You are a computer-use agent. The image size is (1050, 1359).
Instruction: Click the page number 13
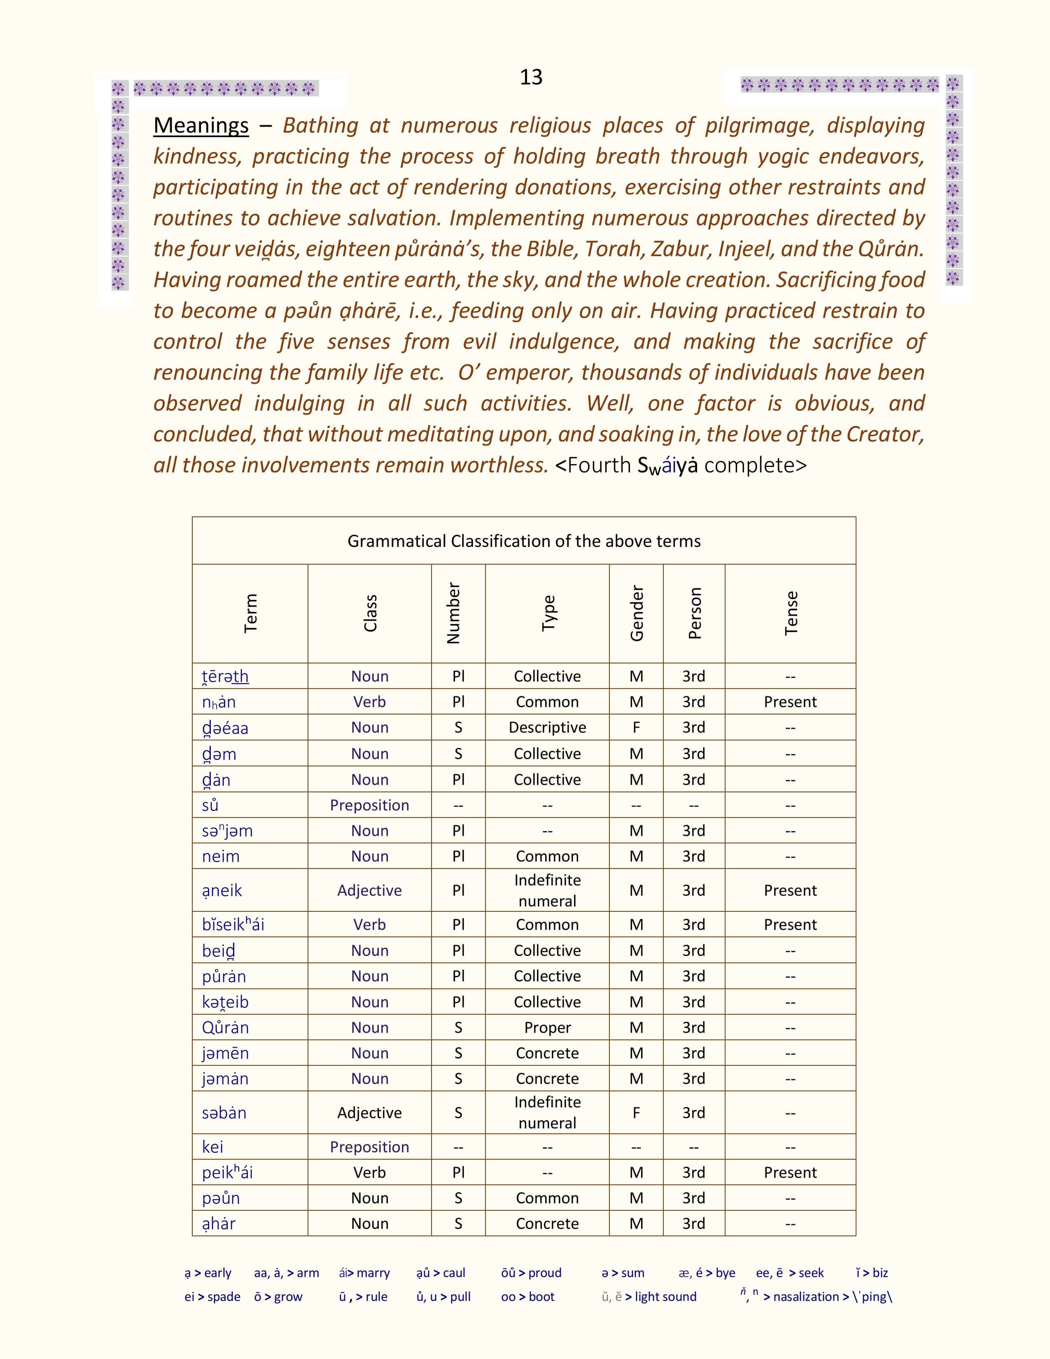531,77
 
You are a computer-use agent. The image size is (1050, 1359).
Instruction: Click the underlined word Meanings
201,126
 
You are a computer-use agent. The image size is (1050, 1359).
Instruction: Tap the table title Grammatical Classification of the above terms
524,541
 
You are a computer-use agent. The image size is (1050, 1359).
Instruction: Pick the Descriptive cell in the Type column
547,727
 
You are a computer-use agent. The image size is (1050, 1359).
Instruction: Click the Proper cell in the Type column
547,1027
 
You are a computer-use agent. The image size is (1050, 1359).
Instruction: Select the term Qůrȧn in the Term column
225,1027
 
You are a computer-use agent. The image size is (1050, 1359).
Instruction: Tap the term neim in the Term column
220,856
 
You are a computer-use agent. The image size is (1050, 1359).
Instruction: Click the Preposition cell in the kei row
369,1147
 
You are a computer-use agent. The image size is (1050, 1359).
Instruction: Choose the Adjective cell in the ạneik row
369,890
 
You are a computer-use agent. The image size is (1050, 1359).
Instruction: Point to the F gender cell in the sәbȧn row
636,1113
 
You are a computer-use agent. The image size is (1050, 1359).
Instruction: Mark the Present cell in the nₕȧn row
790,702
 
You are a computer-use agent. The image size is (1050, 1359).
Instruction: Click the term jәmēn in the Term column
225,1053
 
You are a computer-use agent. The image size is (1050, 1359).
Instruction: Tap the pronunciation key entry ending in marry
364,1273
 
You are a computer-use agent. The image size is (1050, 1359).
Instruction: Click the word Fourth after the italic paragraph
599,465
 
